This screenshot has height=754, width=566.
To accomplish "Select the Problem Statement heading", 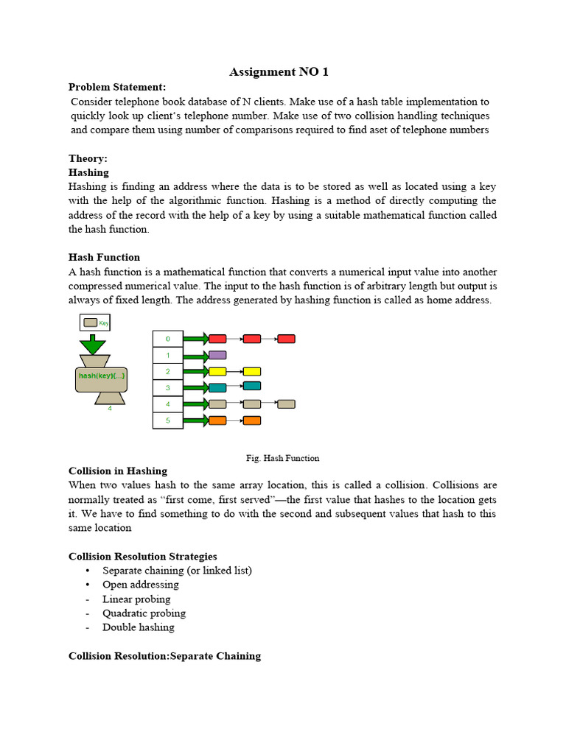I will point(117,87).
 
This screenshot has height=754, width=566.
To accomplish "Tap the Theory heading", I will point(88,158).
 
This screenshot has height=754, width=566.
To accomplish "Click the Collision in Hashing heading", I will point(118,471).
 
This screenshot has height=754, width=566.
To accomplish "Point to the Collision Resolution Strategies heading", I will point(143,556).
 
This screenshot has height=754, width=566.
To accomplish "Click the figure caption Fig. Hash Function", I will point(282,458).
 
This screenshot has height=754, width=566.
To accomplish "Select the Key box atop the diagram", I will point(94,323).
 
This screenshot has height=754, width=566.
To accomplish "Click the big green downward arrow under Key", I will point(93,344).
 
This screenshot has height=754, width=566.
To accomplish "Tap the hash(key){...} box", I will point(101,376).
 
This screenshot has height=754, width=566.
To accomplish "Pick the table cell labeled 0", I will point(168,339).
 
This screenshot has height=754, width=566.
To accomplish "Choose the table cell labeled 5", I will point(168,420).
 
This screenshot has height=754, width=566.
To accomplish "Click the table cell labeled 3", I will point(168,387).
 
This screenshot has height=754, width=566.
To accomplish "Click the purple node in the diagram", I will point(217,355).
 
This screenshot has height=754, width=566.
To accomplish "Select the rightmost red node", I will point(286,339).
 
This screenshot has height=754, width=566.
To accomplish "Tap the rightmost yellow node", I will point(252,371).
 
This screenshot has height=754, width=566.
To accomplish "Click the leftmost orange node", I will point(217,420).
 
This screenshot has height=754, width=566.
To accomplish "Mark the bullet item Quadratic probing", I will point(144,613).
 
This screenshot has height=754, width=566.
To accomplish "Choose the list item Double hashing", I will point(139,627).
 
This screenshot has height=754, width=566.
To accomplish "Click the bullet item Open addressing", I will point(141,585).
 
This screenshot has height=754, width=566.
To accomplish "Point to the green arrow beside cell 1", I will point(195,356).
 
